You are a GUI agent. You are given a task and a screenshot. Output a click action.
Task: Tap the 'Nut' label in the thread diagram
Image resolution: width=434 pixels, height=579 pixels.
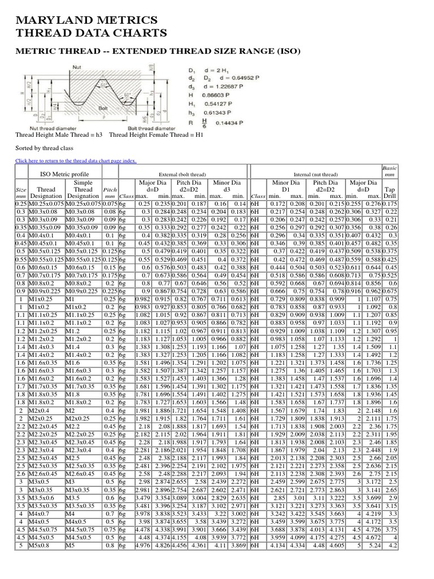pos(77,67)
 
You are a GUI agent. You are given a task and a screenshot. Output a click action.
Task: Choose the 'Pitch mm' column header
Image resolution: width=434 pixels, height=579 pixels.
pos(110,193)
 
